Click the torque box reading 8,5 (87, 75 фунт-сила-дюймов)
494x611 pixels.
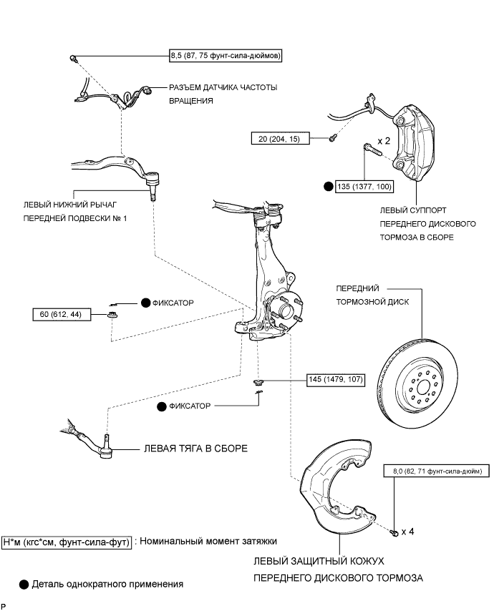coord(226,56)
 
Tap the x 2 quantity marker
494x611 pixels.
coord(384,141)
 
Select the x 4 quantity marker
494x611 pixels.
coord(408,532)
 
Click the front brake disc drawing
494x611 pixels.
coord(417,383)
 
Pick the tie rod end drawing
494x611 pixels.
coord(89,439)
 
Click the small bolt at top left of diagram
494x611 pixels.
coord(73,58)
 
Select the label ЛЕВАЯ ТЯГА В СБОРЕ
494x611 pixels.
coord(195,449)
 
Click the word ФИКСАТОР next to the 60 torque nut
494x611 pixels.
coord(173,303)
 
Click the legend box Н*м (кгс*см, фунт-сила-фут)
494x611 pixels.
coord(67,542)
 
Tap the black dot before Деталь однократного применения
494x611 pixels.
coord(24,585)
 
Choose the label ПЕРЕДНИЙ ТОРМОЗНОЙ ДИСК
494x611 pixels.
coord(372,295)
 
